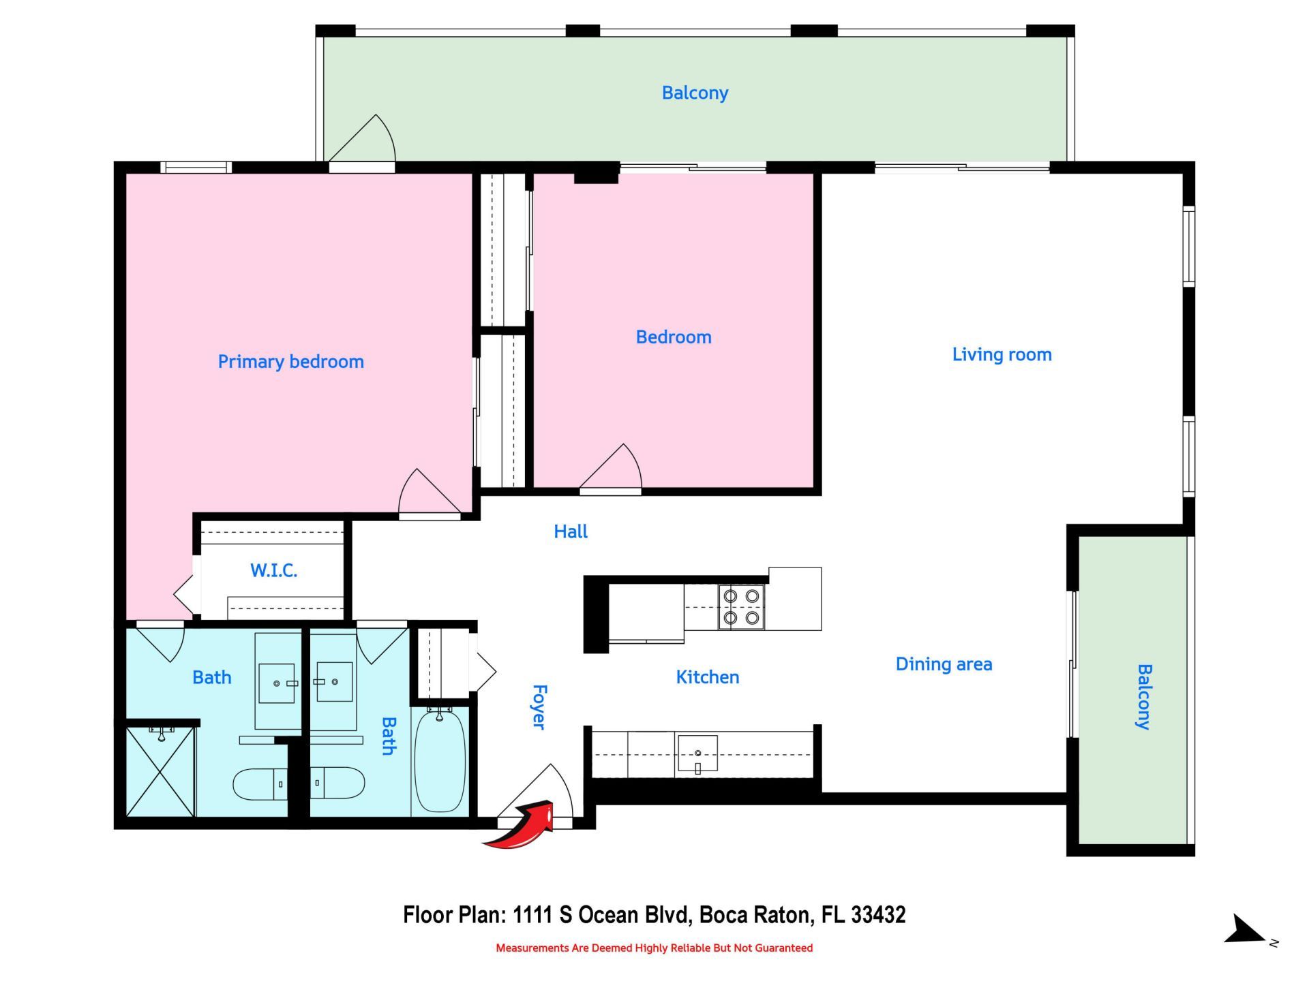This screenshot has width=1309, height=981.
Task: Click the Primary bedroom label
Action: coord(290,361)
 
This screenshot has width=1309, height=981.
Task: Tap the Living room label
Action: coord(1002,354)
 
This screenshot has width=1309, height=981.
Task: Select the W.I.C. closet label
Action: coord(273,570)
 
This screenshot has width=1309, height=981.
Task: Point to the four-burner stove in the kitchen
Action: coord(741,606)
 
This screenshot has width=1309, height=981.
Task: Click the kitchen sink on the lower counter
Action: coord(697,755)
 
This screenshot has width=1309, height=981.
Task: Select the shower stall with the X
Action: coord(161,771)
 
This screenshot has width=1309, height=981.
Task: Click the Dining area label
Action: coord(944,664)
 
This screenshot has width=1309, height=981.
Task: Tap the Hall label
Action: coord(570,531)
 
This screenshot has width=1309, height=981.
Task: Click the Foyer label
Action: coord(539,707)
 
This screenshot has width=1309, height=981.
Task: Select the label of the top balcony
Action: coord(695,93)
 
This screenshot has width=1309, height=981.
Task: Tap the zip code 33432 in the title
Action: coord(878,914)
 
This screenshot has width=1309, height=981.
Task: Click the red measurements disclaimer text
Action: coord(654,948)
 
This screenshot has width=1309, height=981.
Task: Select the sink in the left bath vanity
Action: coord(277,683)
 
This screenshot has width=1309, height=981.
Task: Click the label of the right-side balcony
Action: coord(1143,696)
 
